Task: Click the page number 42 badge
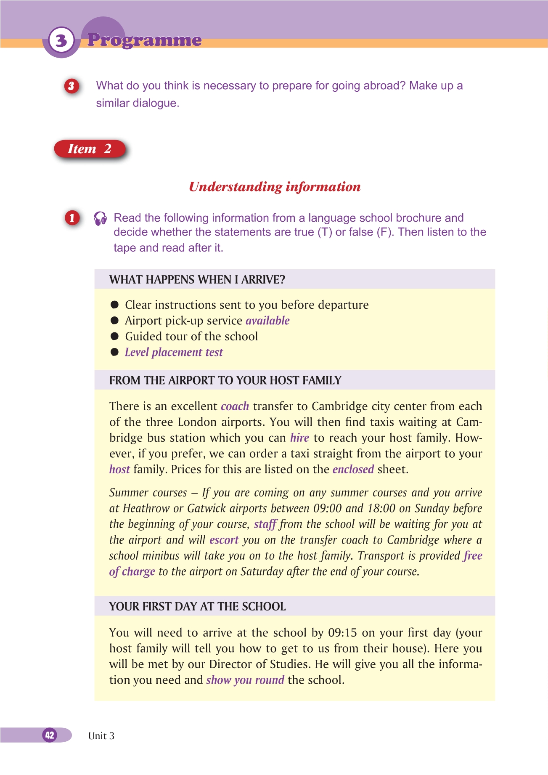coord(50,735)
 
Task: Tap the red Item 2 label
coord(90,149)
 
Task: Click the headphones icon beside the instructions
coord(100,218)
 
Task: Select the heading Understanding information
coord(275,186)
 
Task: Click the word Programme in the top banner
coord(144,40)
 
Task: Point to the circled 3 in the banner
coord(61,40)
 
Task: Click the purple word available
coord(267,321)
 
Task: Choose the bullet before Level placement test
coord(114,352)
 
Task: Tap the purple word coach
coord(235,406)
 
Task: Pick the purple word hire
coord(299,438)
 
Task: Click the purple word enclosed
coord(353,469)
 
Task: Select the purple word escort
coord(224,540)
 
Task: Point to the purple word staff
coord(265,524)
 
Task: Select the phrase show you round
coord(245,680)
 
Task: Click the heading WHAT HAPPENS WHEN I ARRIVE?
coord(197,280)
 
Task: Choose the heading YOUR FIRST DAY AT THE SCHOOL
coord(197,606)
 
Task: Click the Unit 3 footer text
coord(101,736)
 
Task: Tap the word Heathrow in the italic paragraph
coord(146,508)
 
